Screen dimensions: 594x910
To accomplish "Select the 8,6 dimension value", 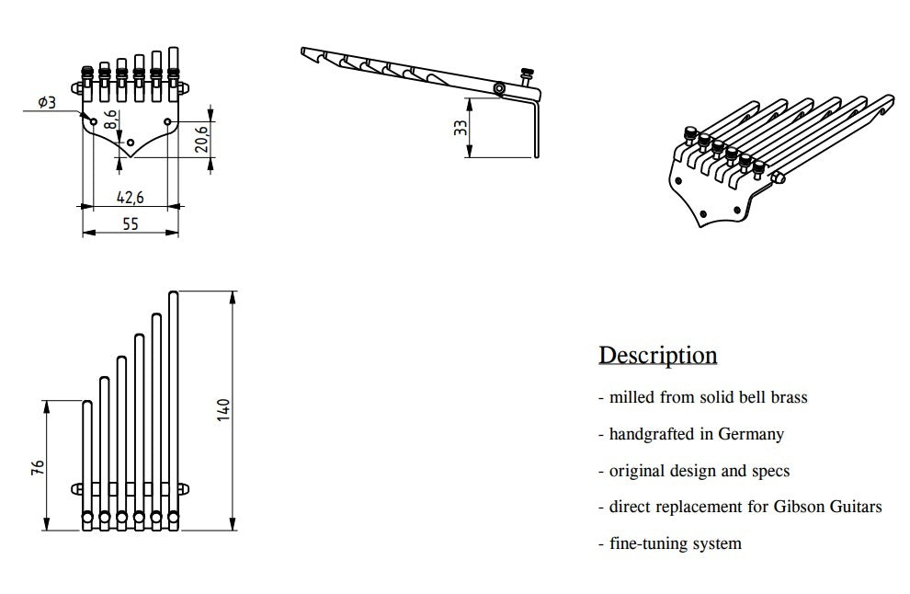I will click(110, 120).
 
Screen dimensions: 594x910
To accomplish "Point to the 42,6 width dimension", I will click(129, 196).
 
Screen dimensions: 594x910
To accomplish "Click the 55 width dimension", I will click(130, 223).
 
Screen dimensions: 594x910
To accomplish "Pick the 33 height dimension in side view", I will click(461, 128).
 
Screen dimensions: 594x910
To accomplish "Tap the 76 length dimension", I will click(37, 467).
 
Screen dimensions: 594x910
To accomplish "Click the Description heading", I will click(657, 355).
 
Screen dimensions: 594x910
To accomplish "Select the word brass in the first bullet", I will click(787, 397).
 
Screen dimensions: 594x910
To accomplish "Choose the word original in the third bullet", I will click(635, 471).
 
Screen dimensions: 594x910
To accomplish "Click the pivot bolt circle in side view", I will click(498, 88).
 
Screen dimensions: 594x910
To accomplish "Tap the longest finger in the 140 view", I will click(174, 405).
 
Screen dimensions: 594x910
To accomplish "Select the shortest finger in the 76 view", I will click(87, 460).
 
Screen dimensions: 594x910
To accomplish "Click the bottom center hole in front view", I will click(131, 143).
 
